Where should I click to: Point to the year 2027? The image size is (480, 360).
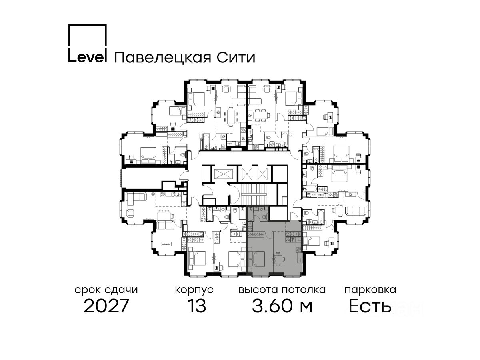click(x=106, y=306)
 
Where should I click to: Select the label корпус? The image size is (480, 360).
click(x=194, y=290)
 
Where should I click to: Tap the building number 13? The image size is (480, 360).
click(x=196, y=306)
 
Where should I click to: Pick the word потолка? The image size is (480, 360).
click(x=304, y=290)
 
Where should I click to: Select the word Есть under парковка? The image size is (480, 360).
click(x=370, y=306)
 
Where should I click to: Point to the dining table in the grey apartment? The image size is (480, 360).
click(x=279, y=258)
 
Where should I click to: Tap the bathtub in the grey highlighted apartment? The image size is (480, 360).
click(x=253, y=213)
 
